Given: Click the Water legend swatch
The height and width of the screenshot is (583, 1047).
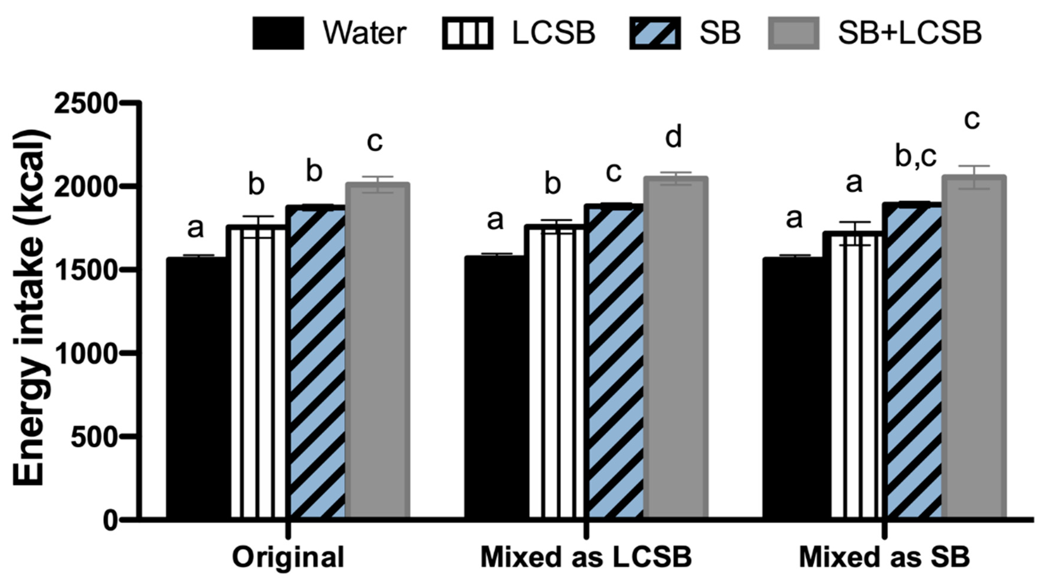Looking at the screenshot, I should pyautogui.click(x=278, y=33).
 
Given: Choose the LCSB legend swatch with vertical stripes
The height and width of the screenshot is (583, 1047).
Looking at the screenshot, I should pyautogui.click(x=467, y=33).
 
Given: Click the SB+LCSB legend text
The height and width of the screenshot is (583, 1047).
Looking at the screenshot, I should pyautogui.click(x=910, y=33).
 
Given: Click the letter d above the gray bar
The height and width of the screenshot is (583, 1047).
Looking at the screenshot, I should pyautogui.click(x=673, y=138).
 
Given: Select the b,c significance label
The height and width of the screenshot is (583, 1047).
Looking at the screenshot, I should pyautogui.click(x=916, y=157).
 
